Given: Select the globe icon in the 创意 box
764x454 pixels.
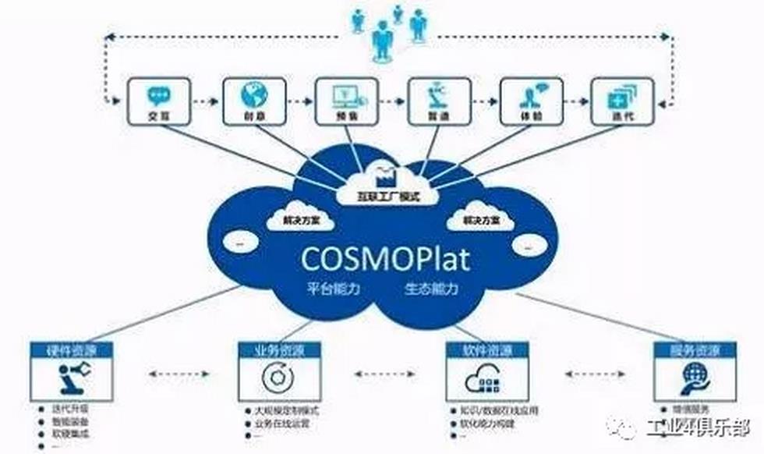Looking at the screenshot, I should click(253, 94).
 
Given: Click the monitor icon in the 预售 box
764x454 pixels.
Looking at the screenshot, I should click(345, 95).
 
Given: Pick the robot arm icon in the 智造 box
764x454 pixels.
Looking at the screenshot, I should click(437, 95).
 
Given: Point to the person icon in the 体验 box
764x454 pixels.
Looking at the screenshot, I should click(530, 95).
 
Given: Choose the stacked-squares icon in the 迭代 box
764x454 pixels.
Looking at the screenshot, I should click(621, 96).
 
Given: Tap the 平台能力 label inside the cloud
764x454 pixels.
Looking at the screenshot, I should click(333, 289).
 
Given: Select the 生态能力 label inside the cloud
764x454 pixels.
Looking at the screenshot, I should click(431, 289).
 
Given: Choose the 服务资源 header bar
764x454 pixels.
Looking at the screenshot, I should click(693, 349).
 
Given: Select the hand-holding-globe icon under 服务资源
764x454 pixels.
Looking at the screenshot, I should click(692, 378).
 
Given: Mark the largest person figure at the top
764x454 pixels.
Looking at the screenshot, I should click(382, 39).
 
